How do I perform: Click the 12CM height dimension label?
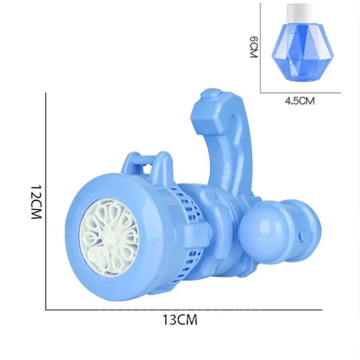click(x=36, y=202)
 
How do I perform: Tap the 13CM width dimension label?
click(x=180, y=319)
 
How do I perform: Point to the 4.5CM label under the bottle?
click(x=300, y=101)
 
